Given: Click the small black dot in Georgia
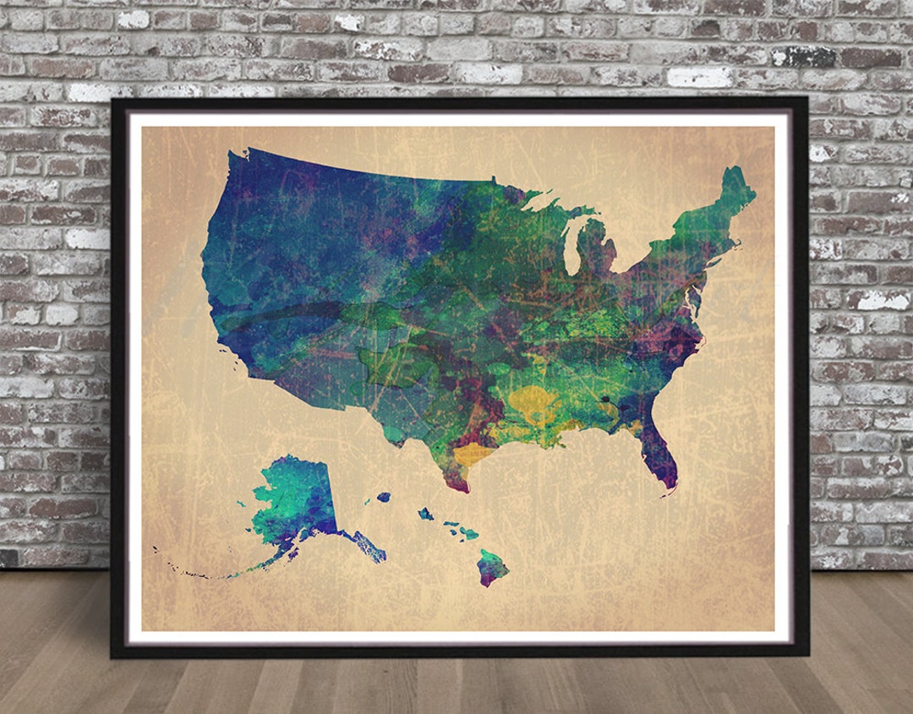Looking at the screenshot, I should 605,399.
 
